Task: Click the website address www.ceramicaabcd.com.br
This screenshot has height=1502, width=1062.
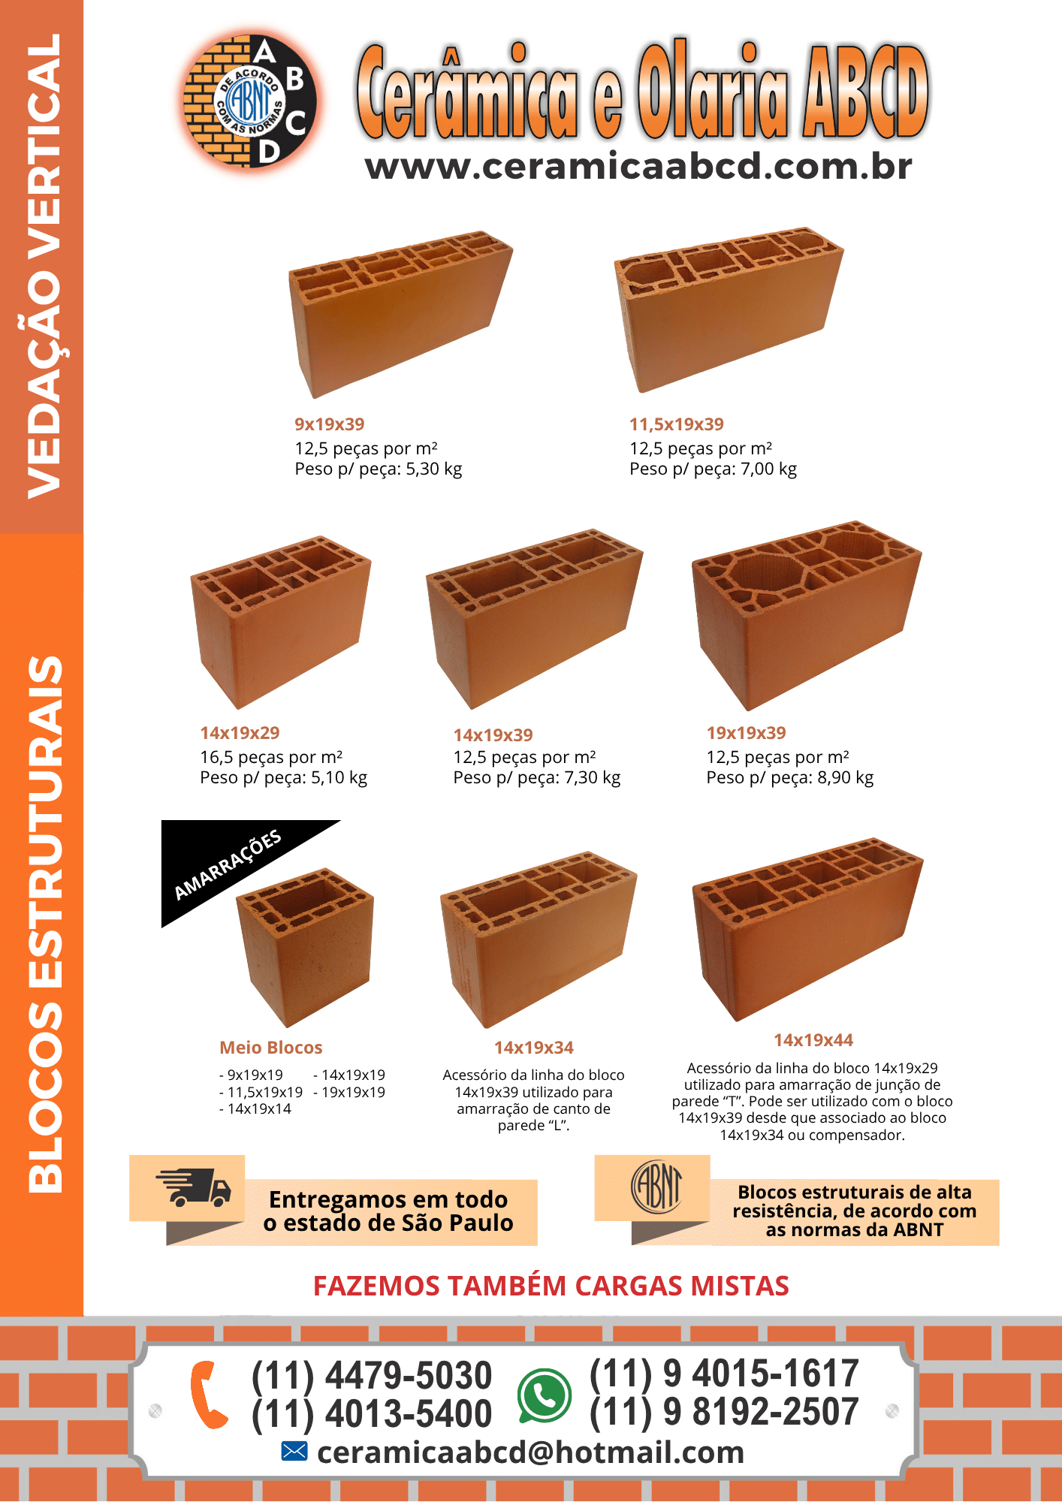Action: point(638,167)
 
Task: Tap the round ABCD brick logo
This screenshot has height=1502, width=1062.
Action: point(251,101)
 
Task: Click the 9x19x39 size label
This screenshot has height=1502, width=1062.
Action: point(330,424)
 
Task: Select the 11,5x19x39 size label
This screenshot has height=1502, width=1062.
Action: point(677,424)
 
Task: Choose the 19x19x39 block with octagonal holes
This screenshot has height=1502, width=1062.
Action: point(807,615)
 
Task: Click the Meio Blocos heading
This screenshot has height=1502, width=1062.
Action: point(271,1048)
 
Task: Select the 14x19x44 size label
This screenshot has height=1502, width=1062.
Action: point(813,1040)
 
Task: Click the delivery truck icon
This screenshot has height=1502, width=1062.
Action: point(193,1187)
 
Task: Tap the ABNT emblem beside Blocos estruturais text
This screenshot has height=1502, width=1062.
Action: point(656,1187)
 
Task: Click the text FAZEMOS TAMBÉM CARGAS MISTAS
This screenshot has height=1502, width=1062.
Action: point(551,1286)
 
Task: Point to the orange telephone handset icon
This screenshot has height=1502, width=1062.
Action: point(208,1395)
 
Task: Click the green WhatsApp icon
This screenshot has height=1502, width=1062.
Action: point(544,1395)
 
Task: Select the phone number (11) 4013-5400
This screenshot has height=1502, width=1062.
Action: point(372,1414)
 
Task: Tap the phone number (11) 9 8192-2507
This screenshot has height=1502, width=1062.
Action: point(724,1412)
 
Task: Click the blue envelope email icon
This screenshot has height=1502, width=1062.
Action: point(294,1452)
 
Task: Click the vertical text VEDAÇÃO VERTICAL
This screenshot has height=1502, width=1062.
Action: point(43,267)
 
